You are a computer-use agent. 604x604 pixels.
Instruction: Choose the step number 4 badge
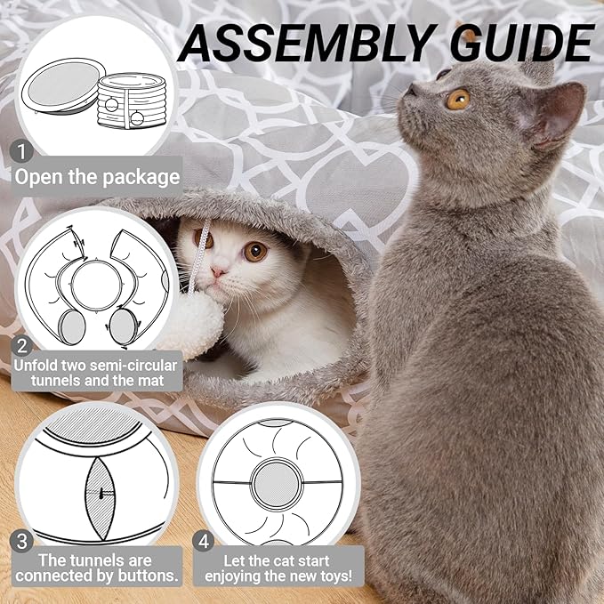(x=205, y=540)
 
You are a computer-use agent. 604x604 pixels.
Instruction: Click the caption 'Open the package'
(x=96, y=176)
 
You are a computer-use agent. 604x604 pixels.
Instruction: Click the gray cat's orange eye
(x=458, y=99)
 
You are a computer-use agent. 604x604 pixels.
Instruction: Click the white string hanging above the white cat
(x=205, y=240)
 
